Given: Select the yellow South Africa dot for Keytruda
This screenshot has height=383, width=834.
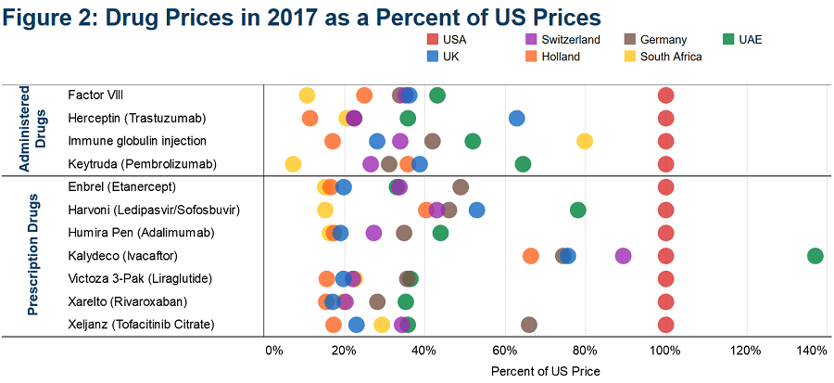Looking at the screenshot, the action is pos(293,164).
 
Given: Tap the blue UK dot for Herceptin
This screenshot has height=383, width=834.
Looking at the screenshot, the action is pos(516,118).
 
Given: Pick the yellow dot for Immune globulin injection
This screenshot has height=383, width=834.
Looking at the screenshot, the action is pos(585,141).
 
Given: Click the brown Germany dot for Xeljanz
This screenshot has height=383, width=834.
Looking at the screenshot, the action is pos(529,325).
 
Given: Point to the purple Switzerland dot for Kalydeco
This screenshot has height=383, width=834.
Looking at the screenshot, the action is pos(623,256).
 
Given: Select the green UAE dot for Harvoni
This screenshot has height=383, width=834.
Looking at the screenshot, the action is pos(577,211).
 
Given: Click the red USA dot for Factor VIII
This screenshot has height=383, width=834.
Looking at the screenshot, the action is pos(665,96).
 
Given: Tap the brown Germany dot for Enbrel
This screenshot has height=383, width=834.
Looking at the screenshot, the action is pos(461,187).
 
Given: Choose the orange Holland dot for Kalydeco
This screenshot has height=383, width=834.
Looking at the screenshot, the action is pos(531,256).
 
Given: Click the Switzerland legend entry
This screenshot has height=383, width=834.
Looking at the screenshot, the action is pos(562,39).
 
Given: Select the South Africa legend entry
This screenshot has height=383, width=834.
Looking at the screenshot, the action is pos(663,57).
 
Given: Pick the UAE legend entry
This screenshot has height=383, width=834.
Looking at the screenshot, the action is pos(742,39).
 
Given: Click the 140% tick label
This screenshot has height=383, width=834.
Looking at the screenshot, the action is pos(814,351).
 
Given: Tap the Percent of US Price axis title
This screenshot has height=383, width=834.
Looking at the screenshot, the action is pos(545,370).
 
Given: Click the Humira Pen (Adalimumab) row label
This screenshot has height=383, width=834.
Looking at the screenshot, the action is pos(142,233).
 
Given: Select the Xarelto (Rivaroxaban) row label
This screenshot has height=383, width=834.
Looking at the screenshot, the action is pos(128,302).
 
